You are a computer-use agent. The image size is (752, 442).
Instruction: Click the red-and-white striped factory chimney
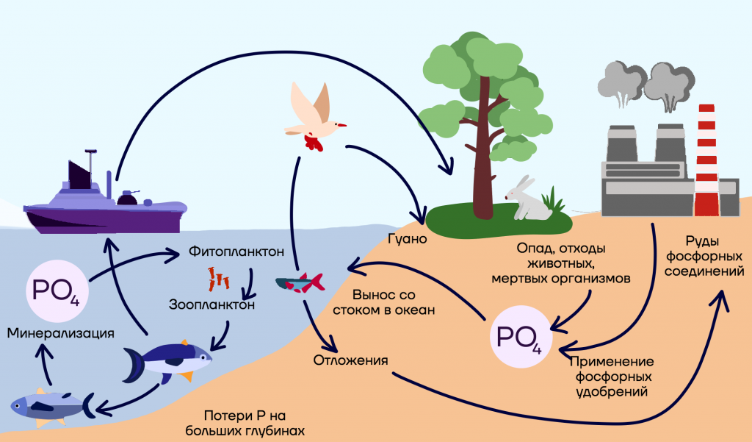(706, 160)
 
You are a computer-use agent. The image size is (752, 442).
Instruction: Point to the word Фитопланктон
(236, 252)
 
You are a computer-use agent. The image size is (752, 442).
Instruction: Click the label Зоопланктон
(211, 304)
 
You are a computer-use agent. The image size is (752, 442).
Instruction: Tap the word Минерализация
(60, 333)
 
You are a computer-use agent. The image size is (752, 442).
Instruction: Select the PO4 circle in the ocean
(57, 291)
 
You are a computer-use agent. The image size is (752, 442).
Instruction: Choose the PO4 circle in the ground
(521, 337)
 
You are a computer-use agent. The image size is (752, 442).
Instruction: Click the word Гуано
(407, 239)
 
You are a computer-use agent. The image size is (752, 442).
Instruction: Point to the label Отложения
(350, 360)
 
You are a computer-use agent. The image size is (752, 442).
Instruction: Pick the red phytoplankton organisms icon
(218, 279)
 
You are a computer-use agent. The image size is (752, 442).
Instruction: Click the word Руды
(702, 241)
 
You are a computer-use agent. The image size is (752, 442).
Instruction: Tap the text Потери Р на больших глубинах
(245, 423)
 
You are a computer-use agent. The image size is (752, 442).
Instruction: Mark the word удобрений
(612, 392)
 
